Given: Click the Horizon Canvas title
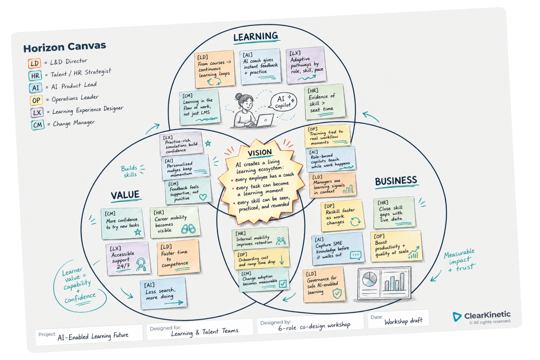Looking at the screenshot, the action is (64, 47).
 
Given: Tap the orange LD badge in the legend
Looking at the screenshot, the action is (35, 63).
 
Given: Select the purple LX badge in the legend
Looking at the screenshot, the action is (37, 112).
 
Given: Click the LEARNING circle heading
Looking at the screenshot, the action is (256, 37).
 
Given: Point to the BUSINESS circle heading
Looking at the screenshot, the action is (396, 181).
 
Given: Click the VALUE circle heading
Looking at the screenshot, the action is (125, 195).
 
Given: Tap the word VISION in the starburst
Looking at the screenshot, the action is (260, 152).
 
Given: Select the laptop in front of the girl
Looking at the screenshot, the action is (264, 120).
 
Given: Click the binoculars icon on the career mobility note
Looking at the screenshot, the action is (188, 229).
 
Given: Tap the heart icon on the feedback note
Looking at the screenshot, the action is (203, 197).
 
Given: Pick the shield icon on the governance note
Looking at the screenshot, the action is (337, 293).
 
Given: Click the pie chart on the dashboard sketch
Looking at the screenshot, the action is (369, 279).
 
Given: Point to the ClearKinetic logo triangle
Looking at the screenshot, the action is (457, 316).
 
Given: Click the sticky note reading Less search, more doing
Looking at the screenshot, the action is (164, 293).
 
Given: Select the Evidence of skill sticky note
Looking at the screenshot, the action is (325, 102).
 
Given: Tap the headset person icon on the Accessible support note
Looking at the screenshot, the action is (141, 265).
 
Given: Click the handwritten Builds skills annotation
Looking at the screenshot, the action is (130, 171).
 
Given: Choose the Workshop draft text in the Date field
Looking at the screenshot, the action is (403, 321).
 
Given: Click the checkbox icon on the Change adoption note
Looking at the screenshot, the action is (283, 284).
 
